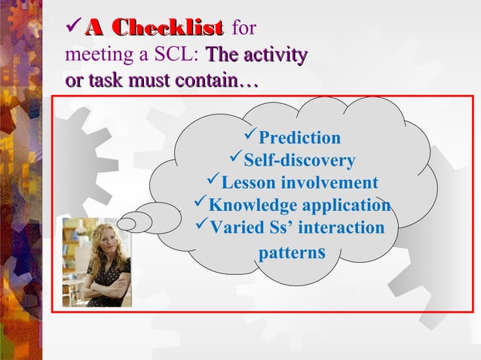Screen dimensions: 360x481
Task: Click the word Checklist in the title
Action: click(x=173, y=29)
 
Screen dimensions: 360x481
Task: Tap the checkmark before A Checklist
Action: click(x=74, y=29)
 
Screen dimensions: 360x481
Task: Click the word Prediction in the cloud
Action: click(x=299, y=138)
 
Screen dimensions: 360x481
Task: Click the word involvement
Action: click(x=329, y=183)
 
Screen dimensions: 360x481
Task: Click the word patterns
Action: click(x=292, y=252)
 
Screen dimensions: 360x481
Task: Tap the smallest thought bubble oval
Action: click(x=127, y=223)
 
